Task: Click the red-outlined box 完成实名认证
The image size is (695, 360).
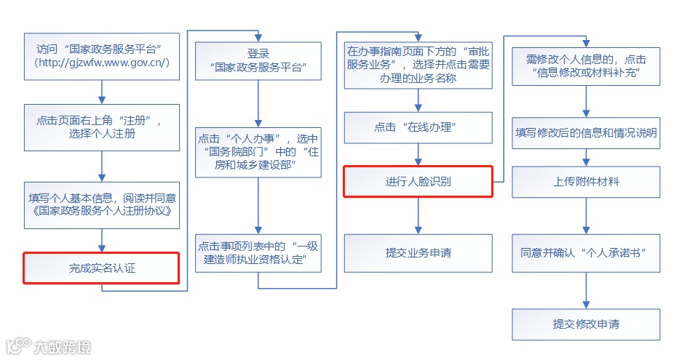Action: point(101,268)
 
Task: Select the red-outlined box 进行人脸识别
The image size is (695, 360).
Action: point(418,181)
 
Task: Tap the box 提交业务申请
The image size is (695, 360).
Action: point(418,253)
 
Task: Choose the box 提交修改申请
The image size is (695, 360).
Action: point(586,324)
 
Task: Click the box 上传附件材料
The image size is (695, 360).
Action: point(586,181)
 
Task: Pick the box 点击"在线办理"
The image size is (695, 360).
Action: point(418,127)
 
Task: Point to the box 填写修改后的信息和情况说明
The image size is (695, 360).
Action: point(586,133)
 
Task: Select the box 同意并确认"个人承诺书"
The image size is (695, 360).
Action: point(586,253)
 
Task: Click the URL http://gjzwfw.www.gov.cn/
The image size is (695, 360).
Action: point(101,63)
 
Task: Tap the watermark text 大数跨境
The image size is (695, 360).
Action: point(61,347)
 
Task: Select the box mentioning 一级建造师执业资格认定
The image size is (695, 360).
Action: point(258,253)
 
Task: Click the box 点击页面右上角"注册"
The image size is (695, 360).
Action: point(101,127)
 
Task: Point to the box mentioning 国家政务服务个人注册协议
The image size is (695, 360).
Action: point(101,205)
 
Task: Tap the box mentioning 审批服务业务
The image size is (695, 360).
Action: point(418,65)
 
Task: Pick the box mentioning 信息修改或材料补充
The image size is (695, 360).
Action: point(586,65)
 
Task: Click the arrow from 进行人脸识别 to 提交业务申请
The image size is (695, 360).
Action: point(418,215)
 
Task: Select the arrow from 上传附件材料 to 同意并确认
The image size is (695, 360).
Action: point(586,215)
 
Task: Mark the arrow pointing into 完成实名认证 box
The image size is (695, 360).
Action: point(101,240)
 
